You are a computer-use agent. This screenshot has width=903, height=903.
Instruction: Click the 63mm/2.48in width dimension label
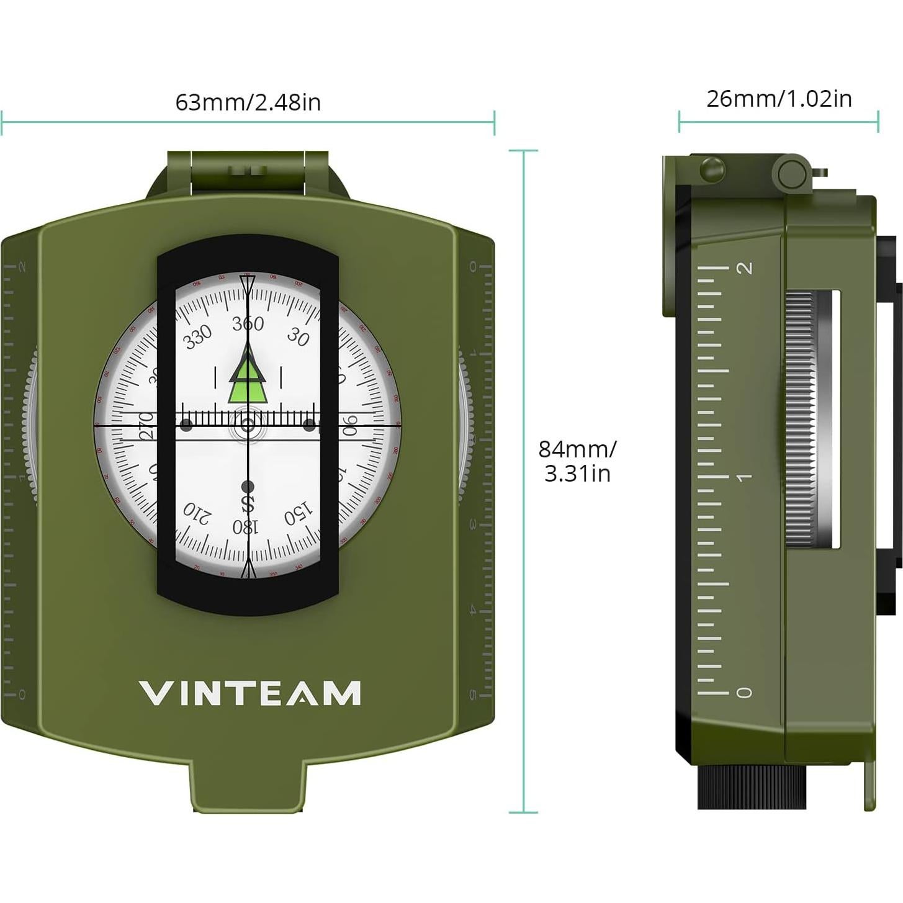(248, 102)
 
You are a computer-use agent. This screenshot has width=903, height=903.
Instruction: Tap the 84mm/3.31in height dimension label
(577, 460)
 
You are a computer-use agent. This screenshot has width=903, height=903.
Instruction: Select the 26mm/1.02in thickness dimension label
(779, 99)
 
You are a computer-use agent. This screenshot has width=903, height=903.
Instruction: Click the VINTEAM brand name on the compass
(249, 693)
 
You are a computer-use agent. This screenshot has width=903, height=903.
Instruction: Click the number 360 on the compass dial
(248, 323)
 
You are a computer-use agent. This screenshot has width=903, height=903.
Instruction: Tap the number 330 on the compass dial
(198, 336)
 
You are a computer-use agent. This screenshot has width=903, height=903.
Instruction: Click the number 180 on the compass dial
(245, 527)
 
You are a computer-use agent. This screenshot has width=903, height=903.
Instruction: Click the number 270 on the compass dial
(148, 426)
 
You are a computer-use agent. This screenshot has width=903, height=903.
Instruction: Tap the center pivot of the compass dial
(248, 425)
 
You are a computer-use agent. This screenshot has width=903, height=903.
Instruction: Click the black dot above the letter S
(248, 485)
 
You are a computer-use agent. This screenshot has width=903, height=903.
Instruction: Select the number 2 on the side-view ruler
(744, 268)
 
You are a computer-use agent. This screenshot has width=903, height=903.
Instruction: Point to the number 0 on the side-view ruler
(744, 692)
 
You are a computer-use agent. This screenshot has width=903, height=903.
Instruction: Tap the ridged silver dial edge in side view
(801, 419)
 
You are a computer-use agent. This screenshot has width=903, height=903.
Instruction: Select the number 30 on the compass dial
(299, 337)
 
